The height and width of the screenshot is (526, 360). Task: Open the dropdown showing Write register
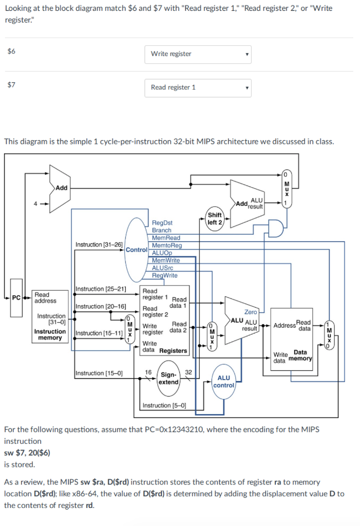coord(198,54)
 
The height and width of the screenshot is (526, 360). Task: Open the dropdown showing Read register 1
coord(198,87)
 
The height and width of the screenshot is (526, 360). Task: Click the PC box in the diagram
coord(16,297)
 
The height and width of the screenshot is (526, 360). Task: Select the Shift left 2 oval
coord(215,218)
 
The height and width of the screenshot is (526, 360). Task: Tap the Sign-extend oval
coord(168,379)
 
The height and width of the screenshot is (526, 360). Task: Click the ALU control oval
coord(223,381)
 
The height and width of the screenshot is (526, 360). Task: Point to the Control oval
coord(136,249)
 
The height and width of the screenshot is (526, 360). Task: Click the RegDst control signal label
coord(162,223)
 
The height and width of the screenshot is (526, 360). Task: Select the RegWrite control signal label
coord(165,275)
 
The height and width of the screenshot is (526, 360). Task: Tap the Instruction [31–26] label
coord(99,245)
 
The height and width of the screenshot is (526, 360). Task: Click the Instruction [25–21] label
coord(101,289)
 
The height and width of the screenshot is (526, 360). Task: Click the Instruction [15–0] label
coord(99,373)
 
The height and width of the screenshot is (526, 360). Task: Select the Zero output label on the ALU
coord(251,312)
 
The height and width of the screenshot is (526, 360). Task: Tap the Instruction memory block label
coord(50,334)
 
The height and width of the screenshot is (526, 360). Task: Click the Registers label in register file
coord(173,351)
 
